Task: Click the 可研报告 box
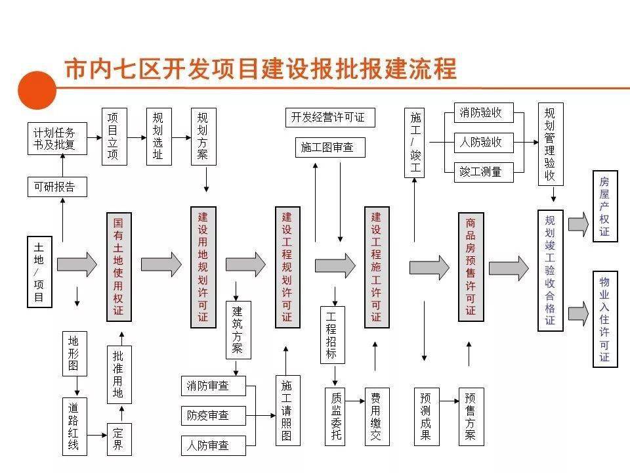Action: coord(55,187)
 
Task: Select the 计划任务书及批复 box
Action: coord(55,139)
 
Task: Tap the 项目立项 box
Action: coord(113,136)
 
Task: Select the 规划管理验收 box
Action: coord(550,144)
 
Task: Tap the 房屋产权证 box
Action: coord(604,206)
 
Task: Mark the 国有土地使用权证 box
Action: coord(119,266)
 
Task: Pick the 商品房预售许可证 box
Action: coord(471,266)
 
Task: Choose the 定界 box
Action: coord(119,439)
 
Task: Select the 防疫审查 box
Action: coord(213,415)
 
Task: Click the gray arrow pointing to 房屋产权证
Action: coord(578,224)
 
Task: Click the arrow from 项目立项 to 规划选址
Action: coord(136,137)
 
